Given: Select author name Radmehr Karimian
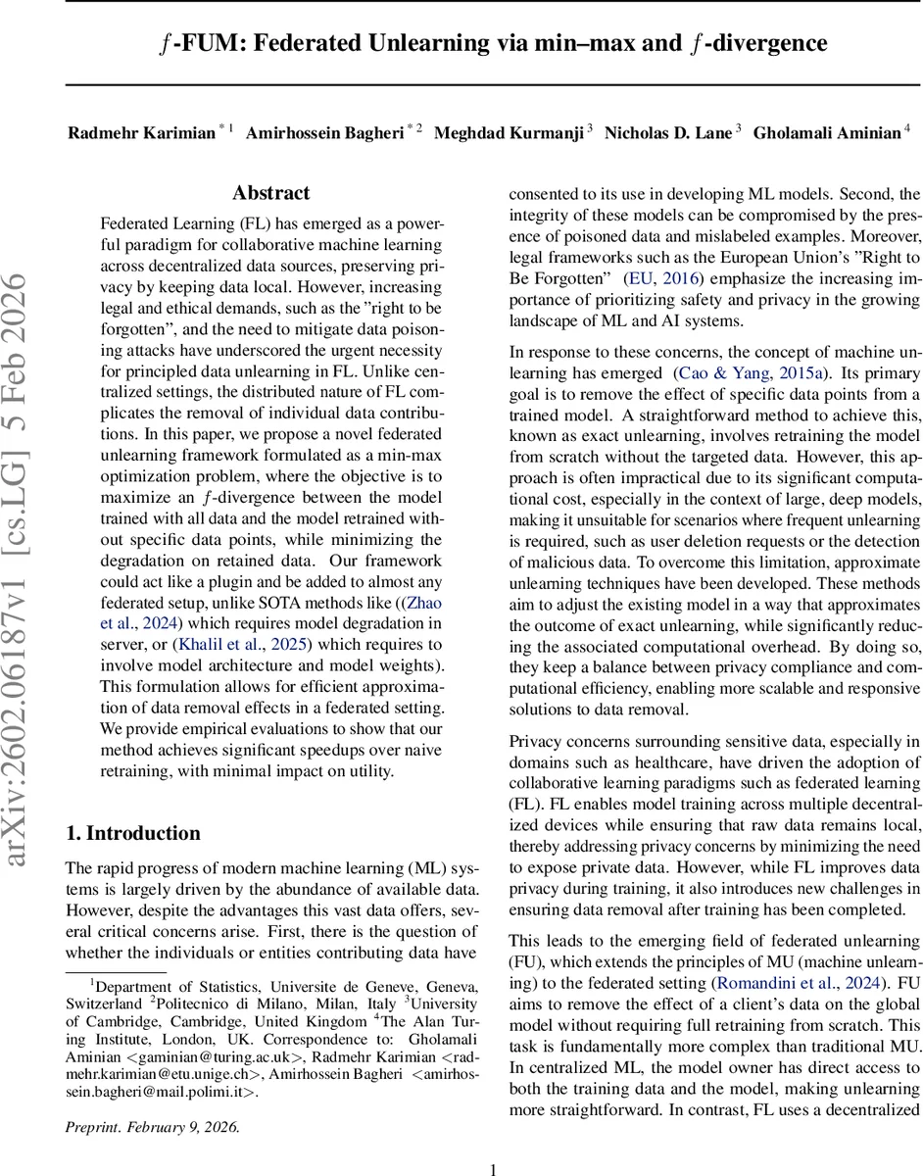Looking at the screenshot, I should pyautogui.click(x=141, y=133).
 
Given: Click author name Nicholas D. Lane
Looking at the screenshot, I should pyautogui.click(x=667, y=133).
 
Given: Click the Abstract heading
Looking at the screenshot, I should pyautogui.click(x=270, y=193).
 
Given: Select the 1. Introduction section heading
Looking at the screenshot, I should pyautogui.click(x=132, y=834).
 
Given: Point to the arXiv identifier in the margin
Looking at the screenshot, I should pyautogui.click(x=22, y=588).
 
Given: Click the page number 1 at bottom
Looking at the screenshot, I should pyautogui.click(x=493, y=1143).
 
